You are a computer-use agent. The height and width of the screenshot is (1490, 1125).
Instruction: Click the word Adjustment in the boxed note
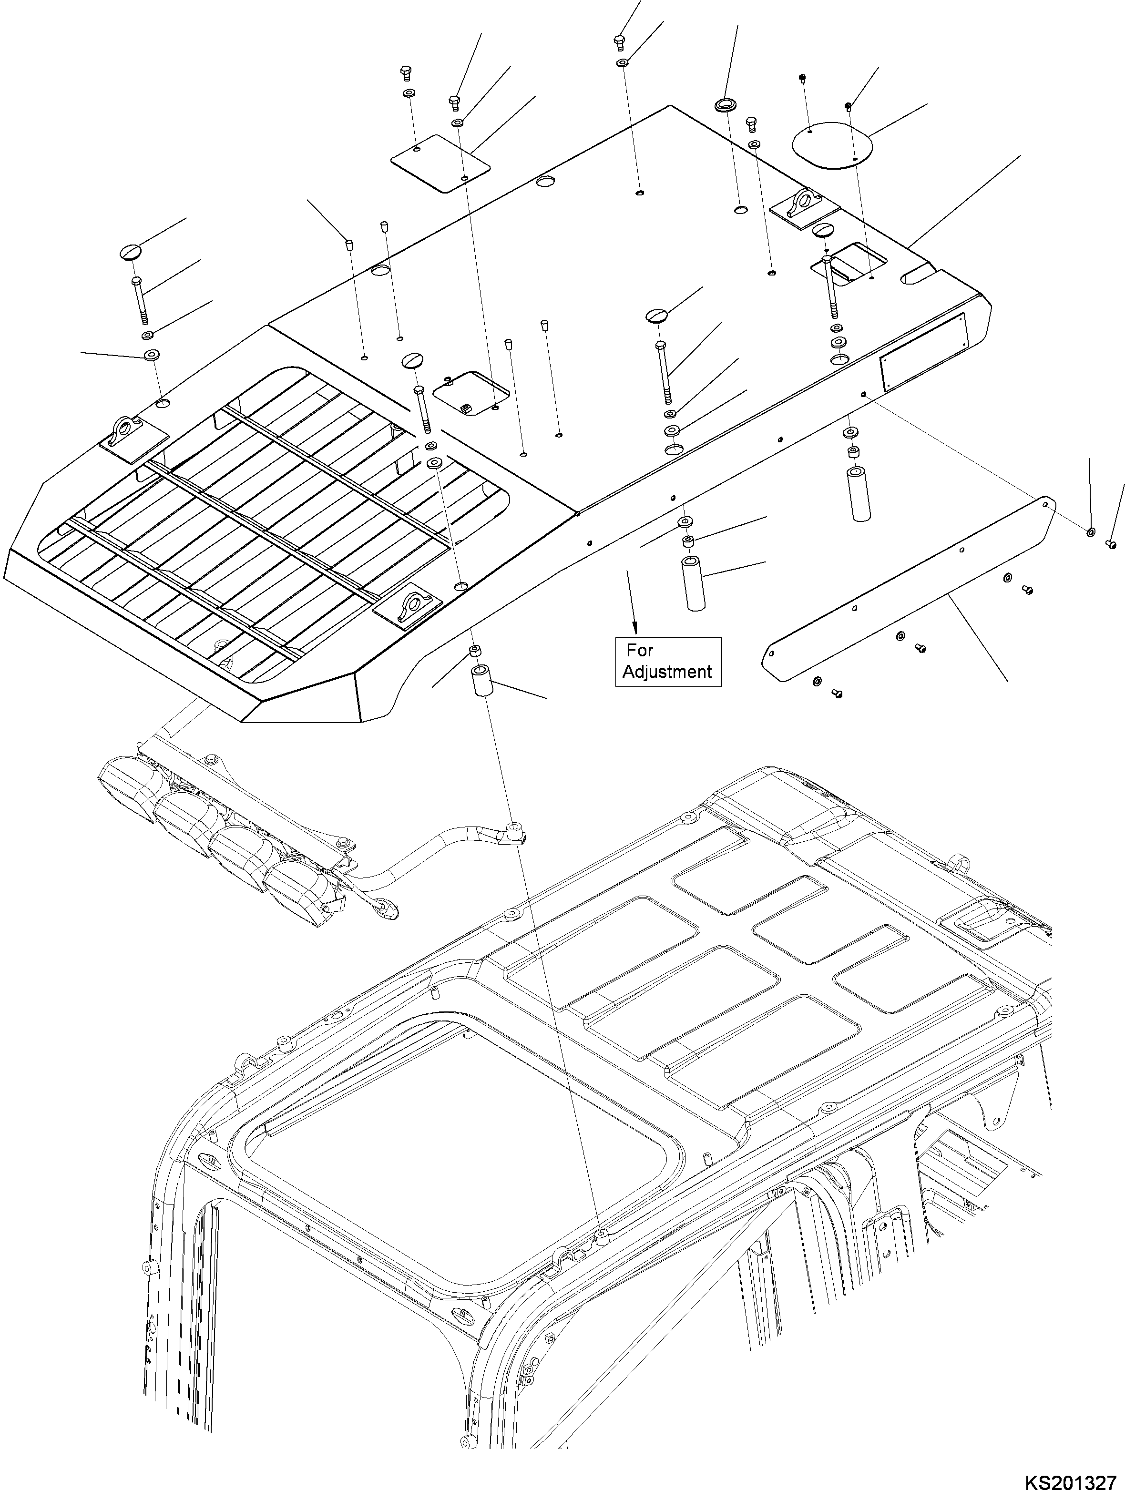pyautogui.click(x=667, y=672)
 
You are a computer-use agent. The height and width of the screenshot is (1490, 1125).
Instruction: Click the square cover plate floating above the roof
pyautogui.click(x=440, y=163)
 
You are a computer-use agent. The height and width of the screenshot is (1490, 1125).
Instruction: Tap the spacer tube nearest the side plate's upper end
pyautogui.click(x=858, y=494)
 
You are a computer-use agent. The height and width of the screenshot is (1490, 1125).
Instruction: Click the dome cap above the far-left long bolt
pyautogui.click(x=132, y=251)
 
